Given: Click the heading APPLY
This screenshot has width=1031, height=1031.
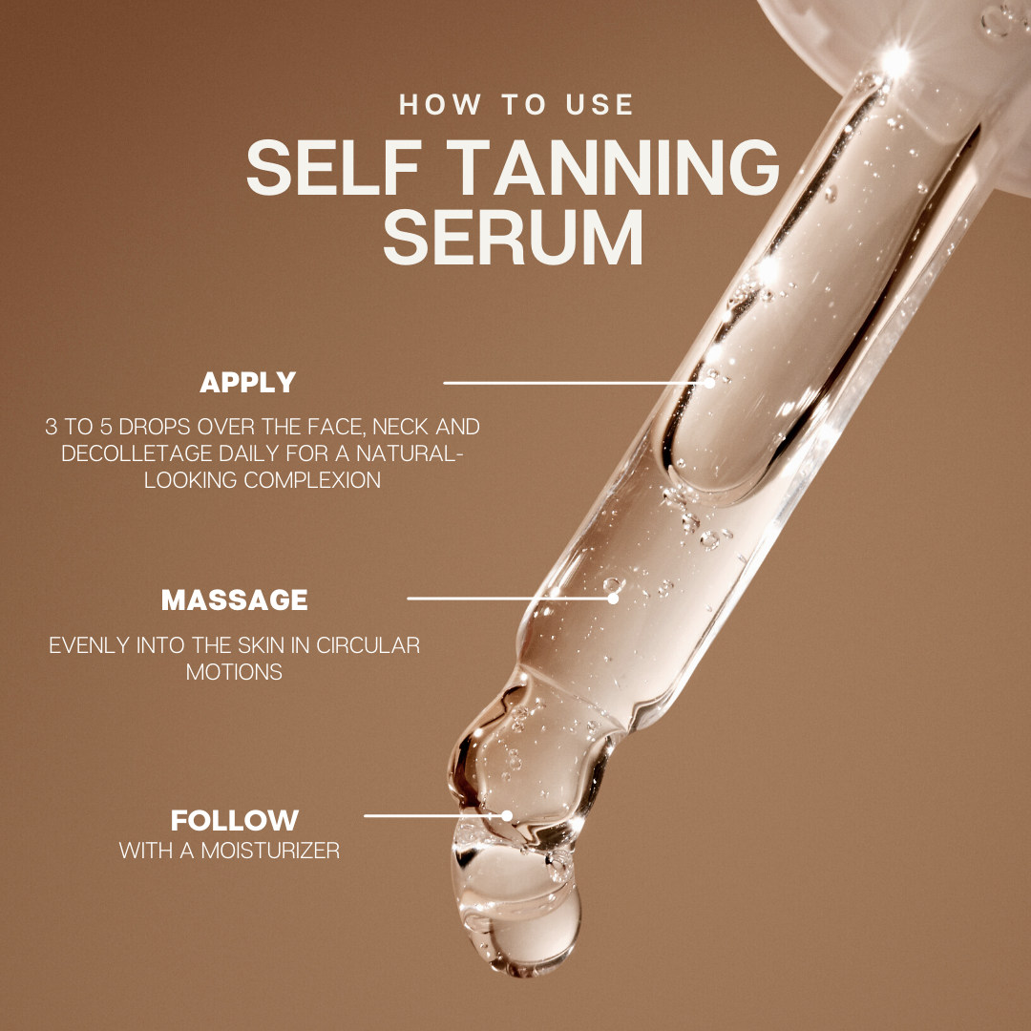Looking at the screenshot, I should pos(247,383).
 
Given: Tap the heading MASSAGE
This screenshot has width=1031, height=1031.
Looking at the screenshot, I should pos(235,600).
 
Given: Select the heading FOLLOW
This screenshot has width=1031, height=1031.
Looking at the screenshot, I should pos(235,820).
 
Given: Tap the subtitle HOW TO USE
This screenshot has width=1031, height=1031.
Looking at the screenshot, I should pos(516,104).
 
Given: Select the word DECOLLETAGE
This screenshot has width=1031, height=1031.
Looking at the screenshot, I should pos(125,452).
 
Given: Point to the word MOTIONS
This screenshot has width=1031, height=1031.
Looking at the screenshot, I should pos(234,671).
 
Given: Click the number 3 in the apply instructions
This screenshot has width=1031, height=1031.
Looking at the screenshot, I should pos(51,427).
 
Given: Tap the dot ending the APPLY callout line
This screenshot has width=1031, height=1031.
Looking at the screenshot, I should pos(709,382).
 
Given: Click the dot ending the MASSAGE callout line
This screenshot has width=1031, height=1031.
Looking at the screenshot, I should pos(612,599).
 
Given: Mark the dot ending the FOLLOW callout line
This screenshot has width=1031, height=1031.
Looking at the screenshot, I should pos(507,816).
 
